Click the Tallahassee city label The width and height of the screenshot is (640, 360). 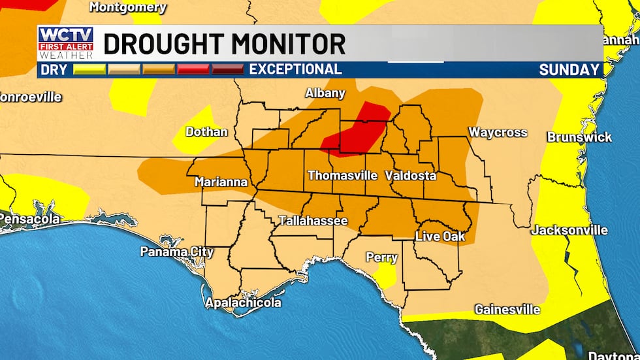[x=313, y=221]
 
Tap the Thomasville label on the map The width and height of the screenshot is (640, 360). [x=342, y=175]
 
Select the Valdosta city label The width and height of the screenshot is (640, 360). [x=410, y=175]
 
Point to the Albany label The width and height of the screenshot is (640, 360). [x=325, y=93]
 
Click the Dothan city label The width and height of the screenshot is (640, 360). [x=206, y=131]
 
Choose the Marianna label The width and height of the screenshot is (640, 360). [x=221, y=182]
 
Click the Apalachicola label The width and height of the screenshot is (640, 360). [x=243, y=303]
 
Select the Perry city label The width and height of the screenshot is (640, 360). [x=381, y=257]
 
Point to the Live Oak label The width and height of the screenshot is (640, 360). [x=440, y=236]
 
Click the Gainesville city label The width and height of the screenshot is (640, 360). [x=507, y=308]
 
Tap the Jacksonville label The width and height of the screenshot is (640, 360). [x=569, y=230]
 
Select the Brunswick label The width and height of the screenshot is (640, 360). [x=579, y=137]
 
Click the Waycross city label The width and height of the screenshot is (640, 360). [x=497, y=133]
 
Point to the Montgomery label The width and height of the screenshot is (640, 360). [x=127, y=7]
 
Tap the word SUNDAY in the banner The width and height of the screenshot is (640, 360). [x=569, y=69]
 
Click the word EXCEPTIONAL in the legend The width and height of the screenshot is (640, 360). [x=295, y=69]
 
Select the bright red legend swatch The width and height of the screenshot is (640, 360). [x=193, y=69]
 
